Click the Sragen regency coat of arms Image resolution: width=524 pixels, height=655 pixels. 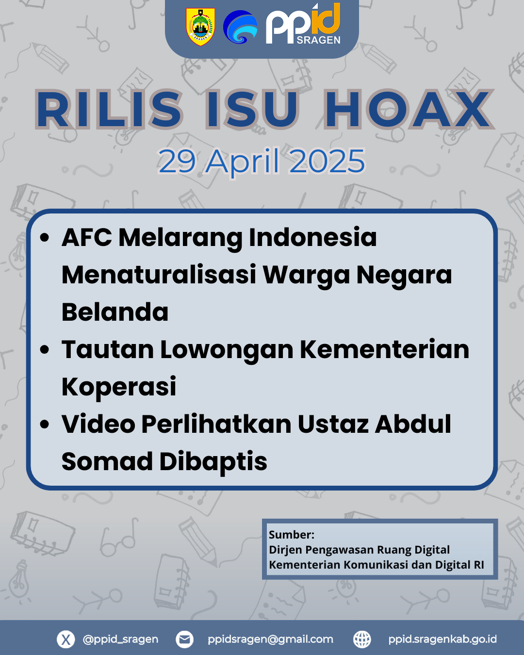[200, 27]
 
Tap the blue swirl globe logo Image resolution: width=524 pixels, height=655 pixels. [240, 27]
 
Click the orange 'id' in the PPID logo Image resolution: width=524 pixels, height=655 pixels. [327, 19]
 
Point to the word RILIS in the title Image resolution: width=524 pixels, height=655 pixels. [109, 109]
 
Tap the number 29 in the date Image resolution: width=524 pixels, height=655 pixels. [177, 161]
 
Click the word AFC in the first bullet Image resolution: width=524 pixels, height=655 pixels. [87, 237]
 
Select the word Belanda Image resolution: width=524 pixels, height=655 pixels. [115, 312]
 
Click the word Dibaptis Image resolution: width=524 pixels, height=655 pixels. [213, 461]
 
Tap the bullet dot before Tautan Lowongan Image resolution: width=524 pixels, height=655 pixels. [45, 350]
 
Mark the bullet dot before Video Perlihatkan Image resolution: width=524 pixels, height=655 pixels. [45, 425]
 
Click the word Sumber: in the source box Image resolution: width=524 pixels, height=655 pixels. [292, 535]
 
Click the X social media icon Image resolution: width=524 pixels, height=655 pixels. [66, 639]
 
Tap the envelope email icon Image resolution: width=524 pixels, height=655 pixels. [184, 639]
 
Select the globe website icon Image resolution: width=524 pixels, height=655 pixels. [362, 639]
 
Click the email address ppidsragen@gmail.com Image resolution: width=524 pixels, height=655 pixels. [270, 639]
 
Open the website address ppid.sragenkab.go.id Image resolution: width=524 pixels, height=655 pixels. [442, 639]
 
